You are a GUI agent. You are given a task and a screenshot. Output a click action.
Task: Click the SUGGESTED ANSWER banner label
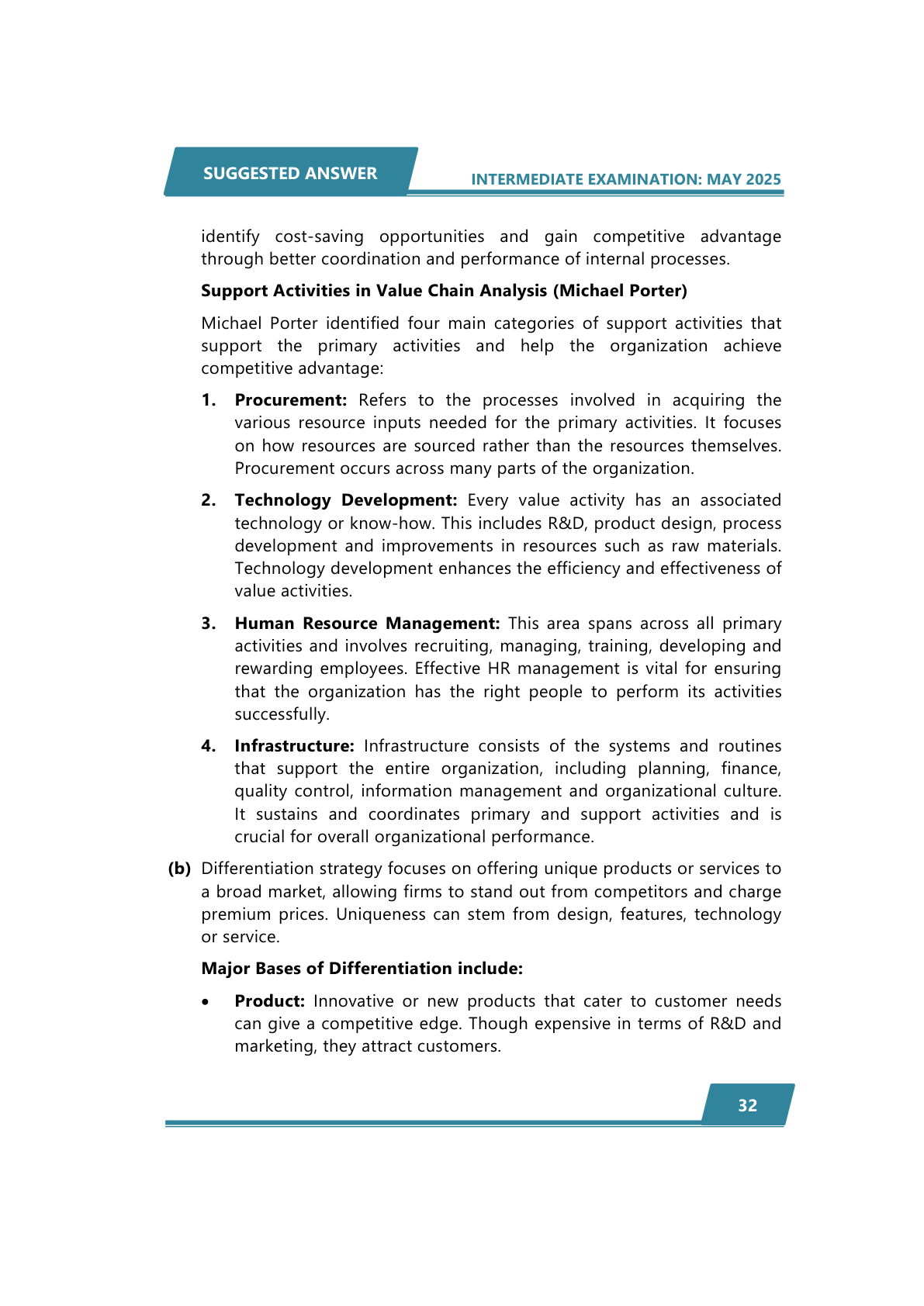click(290, 173)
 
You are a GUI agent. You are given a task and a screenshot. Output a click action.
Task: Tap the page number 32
click(747, 1105)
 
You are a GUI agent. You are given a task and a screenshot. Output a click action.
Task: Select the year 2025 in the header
click(763, 179)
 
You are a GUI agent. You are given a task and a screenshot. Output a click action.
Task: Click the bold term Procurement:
click(291, 400)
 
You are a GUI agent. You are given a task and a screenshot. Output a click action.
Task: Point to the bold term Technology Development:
click(346, 500)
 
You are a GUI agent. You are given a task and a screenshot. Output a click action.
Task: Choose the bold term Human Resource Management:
click(367, 624)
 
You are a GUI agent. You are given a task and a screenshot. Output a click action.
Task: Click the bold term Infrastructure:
click(294, 746)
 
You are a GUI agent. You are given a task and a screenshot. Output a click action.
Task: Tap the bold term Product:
click(269, 1001)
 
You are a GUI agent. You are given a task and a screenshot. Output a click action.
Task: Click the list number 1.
click(208, 400)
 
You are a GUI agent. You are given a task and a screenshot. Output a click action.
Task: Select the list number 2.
click(208, 500)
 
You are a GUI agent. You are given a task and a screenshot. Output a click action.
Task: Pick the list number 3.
click(208, 624)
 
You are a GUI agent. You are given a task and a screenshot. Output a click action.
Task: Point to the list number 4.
click(208, 746)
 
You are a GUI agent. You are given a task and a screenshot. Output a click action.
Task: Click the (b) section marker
click(179, 869)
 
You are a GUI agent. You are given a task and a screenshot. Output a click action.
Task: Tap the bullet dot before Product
click(205, 1002)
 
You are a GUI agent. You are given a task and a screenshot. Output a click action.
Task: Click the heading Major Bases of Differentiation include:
click(362, 969)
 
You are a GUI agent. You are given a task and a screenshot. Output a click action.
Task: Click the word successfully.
click(281, 714)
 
